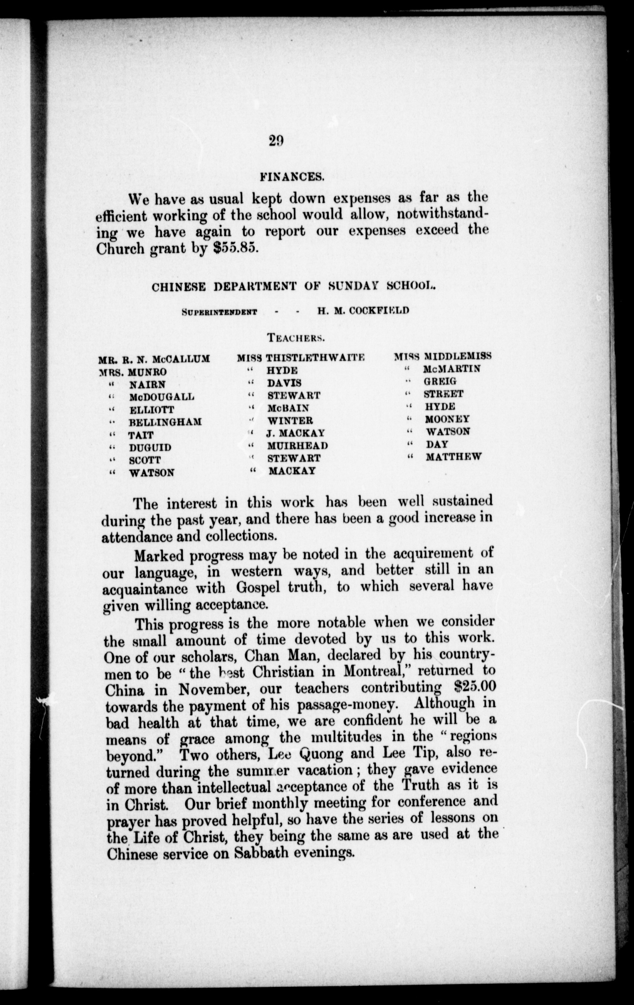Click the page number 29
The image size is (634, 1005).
coord(276,141)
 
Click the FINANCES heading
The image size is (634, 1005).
coord(292,177)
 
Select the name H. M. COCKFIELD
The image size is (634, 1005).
coord(358,310)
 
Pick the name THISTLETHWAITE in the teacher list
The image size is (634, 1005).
coord(315,358)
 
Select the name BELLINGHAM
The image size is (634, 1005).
coord(165,422)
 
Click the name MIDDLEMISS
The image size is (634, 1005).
coord(458,356)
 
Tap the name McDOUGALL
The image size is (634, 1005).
coord(162,397)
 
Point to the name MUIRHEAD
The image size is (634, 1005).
coord(297,446)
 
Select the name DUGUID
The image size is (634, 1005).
coord(150,448)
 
